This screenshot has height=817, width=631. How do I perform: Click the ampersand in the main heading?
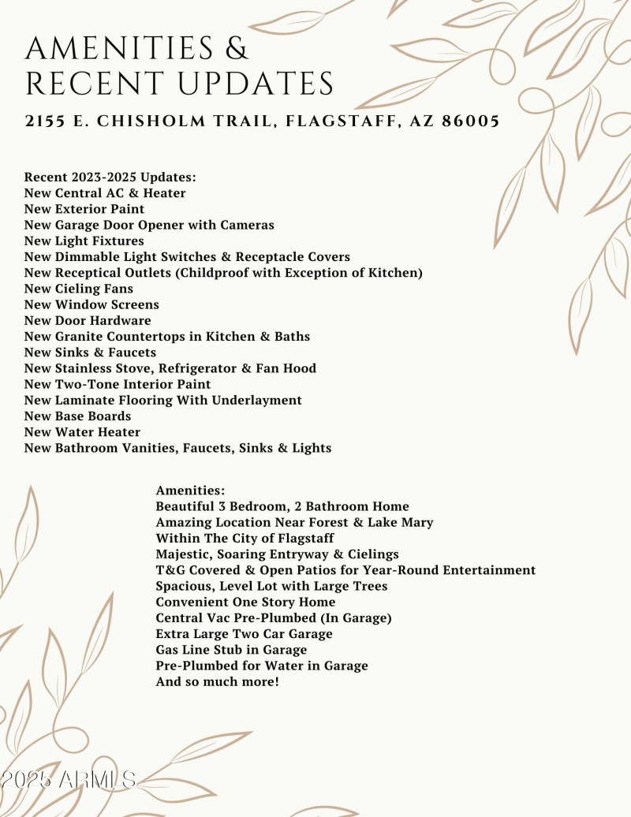click(237, 49)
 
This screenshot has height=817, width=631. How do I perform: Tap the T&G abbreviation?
click(170, 569)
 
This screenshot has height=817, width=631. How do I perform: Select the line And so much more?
click(217, 681)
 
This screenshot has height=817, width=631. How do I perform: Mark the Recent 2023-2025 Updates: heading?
click(110, 177)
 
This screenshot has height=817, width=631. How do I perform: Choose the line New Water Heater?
click(82, 432)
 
